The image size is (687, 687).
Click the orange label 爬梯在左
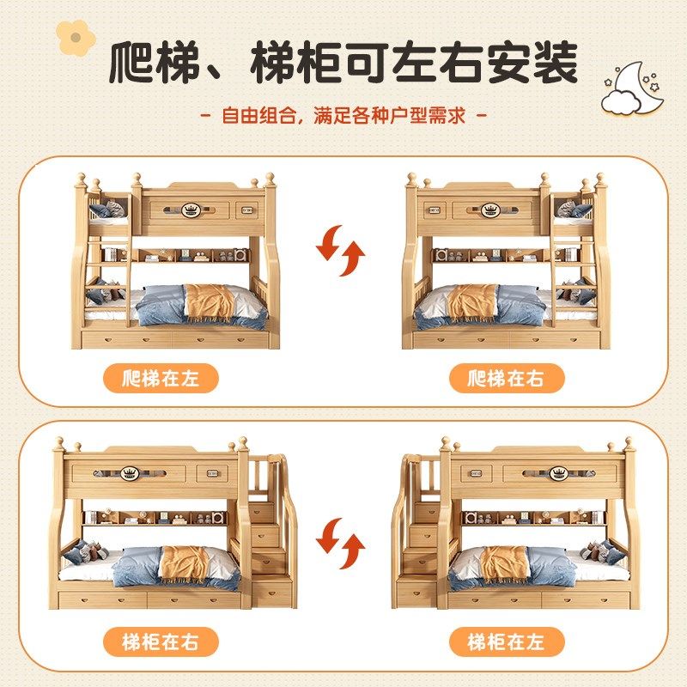tap(161, 379)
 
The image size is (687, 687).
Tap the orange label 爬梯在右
tap(506, 379)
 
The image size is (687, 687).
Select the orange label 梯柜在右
tap(161, 641)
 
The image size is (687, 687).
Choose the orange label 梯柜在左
tap(506, 641)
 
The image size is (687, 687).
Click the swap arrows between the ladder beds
tap(340, 250)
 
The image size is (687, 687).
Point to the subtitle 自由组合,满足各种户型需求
tap(343, 114)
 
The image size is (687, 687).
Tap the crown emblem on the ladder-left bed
tap(189, 208)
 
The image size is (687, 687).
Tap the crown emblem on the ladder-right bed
tap(490, 208)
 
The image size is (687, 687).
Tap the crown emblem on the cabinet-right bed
tap(130, 471)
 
